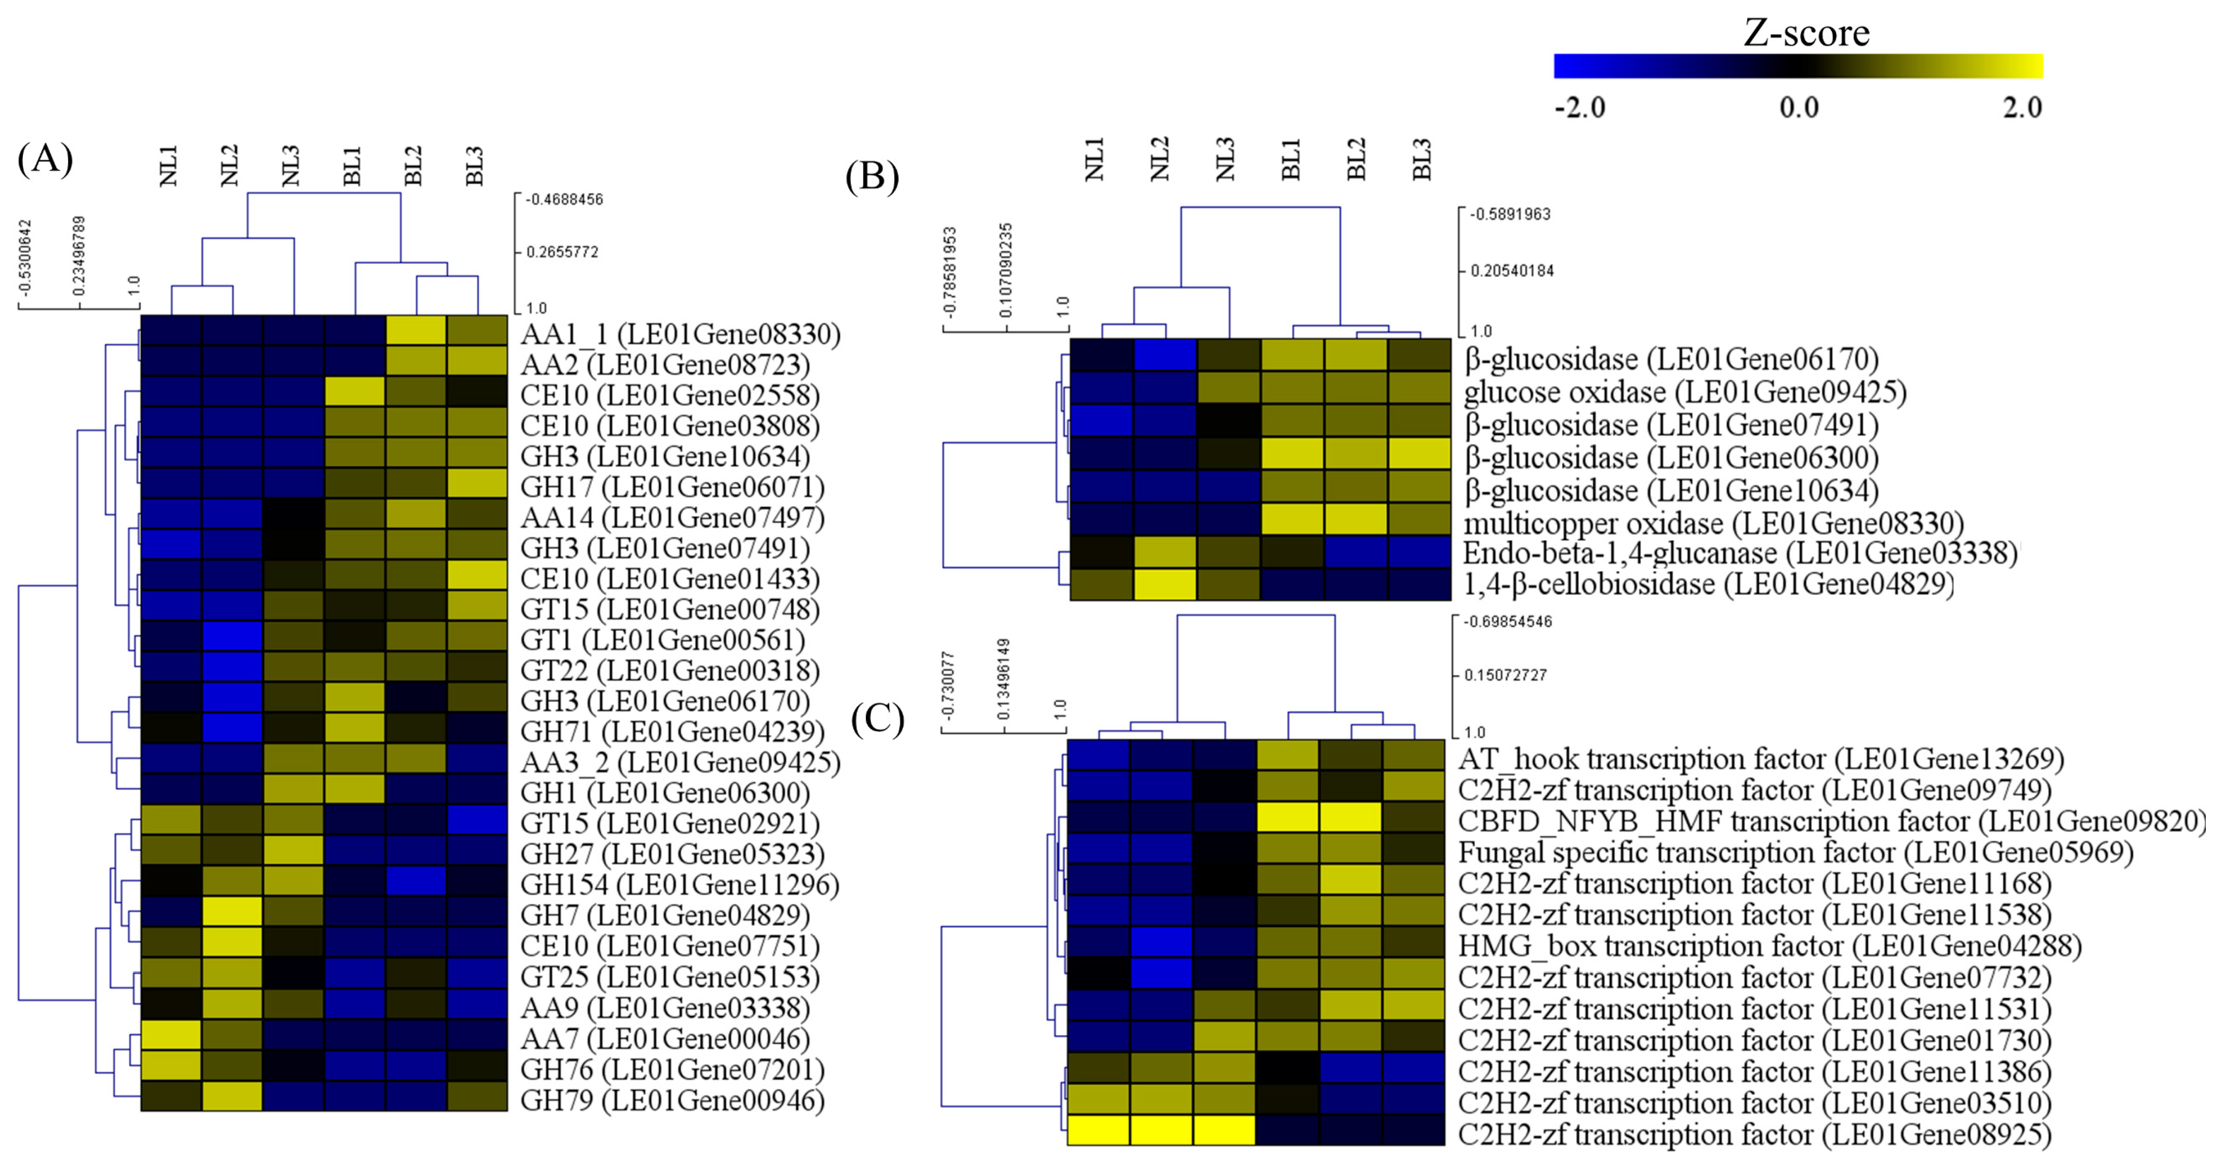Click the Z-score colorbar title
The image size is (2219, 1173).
coord(1806,33)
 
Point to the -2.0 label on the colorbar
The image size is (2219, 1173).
coord(1580,108)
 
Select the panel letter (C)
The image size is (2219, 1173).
coord(877,718)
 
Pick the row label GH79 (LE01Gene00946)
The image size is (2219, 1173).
coord(673,1100)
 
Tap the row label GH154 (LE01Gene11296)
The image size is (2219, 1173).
coord(680,884)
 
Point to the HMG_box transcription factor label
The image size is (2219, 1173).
coord(1769,946)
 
